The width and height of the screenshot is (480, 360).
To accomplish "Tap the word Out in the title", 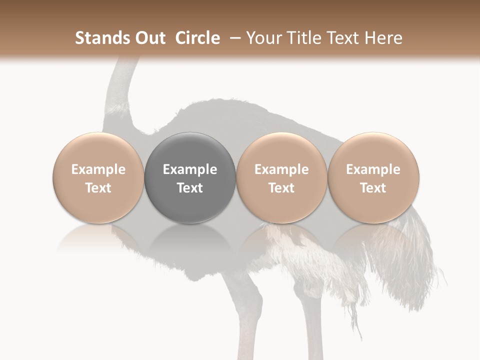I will (148, 38).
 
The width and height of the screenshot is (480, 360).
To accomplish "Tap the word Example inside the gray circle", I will (190, 169).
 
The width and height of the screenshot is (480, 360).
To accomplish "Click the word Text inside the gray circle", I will (190, 188).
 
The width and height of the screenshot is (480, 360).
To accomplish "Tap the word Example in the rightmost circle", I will (373, 169).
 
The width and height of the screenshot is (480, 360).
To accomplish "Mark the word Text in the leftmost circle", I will (98, 188).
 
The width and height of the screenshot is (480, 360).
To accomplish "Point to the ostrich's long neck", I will (120, 95).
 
